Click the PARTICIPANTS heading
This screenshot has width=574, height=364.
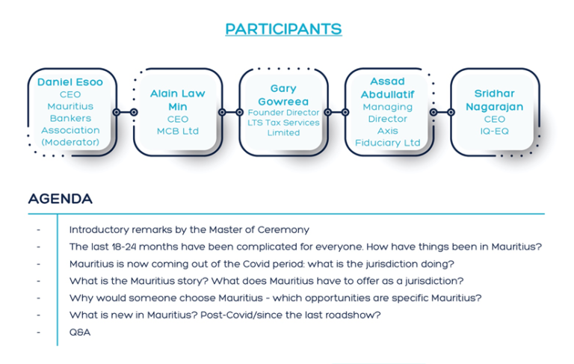[283, 29]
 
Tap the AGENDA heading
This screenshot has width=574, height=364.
[61, 199]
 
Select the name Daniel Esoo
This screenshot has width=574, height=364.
[70, 82]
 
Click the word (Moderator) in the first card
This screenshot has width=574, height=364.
[70, 142]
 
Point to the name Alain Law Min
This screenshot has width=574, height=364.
[178, 100]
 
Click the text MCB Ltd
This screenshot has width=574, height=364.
[178, 131]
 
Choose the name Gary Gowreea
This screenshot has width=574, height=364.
[283, 95]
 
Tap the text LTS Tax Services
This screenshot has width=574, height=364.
[283, 123]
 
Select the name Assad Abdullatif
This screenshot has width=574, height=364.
[387, 88]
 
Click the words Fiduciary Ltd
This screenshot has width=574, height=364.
[387, 143]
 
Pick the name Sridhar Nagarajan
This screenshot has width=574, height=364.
[494, 100]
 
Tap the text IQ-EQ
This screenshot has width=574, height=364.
[494, 131]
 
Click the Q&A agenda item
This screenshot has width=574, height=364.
[80, 332]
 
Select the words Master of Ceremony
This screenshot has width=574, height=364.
[259, 229]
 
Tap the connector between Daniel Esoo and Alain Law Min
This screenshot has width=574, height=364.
[126, 112]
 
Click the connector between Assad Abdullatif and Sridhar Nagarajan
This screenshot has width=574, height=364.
[442, 112]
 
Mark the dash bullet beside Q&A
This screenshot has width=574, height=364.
[38, 332]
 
